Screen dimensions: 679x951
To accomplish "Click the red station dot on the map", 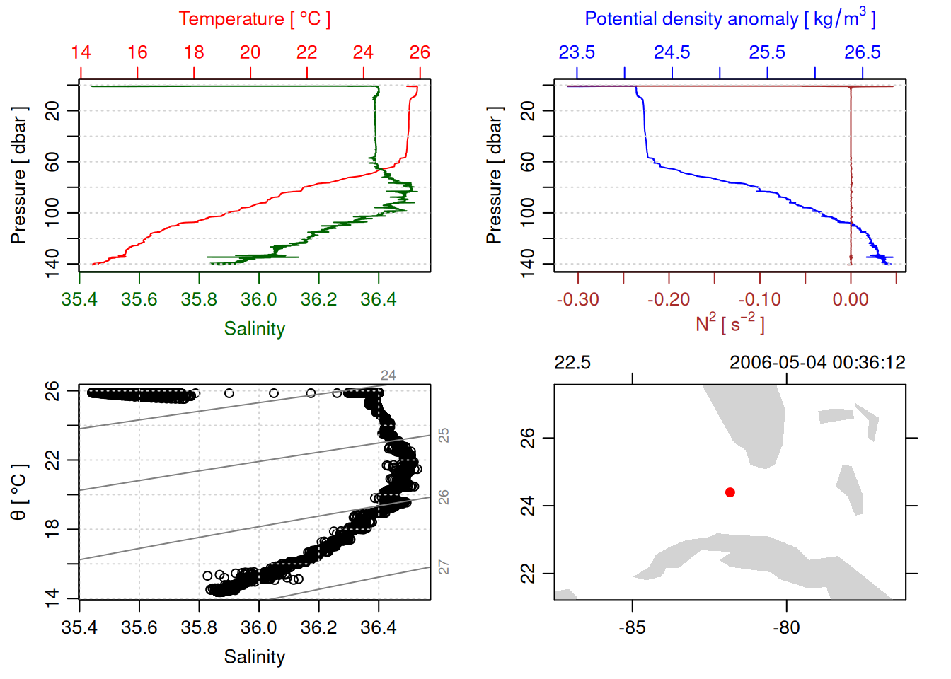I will (730, 492).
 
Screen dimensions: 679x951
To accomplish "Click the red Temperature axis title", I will (254, 19).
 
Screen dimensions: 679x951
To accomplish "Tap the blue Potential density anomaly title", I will (730, 18).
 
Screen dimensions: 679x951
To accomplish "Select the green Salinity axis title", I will (254, 329).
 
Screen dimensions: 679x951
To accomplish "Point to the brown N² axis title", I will (730, 323).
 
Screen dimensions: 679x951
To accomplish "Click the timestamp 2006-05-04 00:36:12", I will (817, 363).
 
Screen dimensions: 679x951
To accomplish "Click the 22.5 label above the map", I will (572, 363).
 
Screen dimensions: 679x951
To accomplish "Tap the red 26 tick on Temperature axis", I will (420, 52).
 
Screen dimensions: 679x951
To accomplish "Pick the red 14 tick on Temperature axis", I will (81, 52).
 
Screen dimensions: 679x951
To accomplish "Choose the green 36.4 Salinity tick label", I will (378, 300).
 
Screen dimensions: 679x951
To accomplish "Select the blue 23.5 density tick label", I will (577, 52).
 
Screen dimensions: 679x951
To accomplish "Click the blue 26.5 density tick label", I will (863, 52).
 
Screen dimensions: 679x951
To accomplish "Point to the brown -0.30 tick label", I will (577, 300).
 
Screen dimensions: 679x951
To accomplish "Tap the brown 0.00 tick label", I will (851, 300).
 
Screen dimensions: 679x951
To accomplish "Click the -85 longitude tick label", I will (632, 628).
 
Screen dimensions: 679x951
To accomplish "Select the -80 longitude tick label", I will (786, 628).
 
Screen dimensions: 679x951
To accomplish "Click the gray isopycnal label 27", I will (444, 567).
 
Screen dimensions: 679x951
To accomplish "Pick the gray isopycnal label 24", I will (388, 376).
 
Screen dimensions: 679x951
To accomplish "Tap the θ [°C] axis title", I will (18, 492).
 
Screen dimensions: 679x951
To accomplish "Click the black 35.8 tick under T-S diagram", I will (199, 628).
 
